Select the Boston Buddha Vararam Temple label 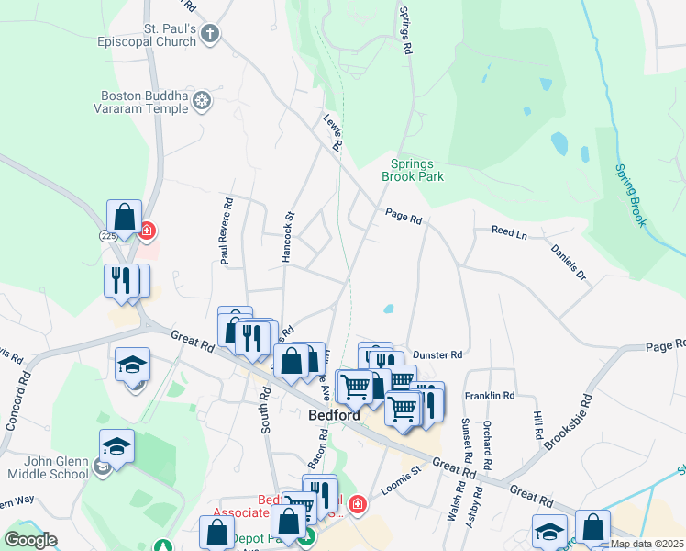point(145,101)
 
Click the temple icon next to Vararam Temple point(203,101)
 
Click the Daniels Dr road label point(568,262)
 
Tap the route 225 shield point(107,236)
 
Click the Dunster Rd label point(437,354)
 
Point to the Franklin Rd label point(489,396)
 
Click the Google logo point(30,540)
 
